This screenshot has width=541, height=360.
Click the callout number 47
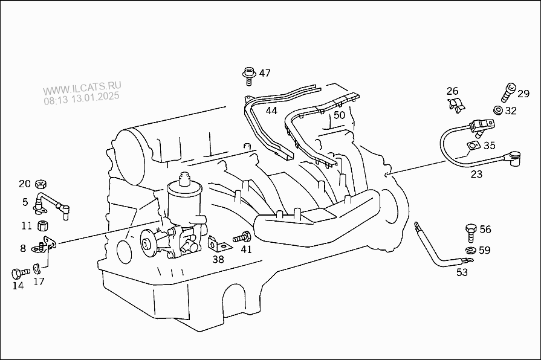[265, 73]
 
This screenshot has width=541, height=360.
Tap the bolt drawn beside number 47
[248, 76]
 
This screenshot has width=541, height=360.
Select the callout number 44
[271, 111]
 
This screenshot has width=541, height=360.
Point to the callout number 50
[339, 115]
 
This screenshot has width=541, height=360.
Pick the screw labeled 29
[508, 92]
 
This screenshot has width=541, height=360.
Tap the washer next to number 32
[497, 111]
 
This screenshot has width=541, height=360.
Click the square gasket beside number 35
[473, 146]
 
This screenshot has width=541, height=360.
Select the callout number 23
[476, 175]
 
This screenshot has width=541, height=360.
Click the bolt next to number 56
[471, 233]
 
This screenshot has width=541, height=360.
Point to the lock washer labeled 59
[470, 250]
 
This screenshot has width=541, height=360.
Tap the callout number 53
[462, 272]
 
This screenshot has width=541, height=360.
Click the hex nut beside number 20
[41, 184]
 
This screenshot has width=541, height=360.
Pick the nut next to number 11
[42, 226]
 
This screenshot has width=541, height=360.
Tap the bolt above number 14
[21, 274]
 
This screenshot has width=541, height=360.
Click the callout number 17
[39, 281]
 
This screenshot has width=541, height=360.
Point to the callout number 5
[25, 202]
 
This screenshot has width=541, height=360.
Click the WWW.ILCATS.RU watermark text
[82, 88]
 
